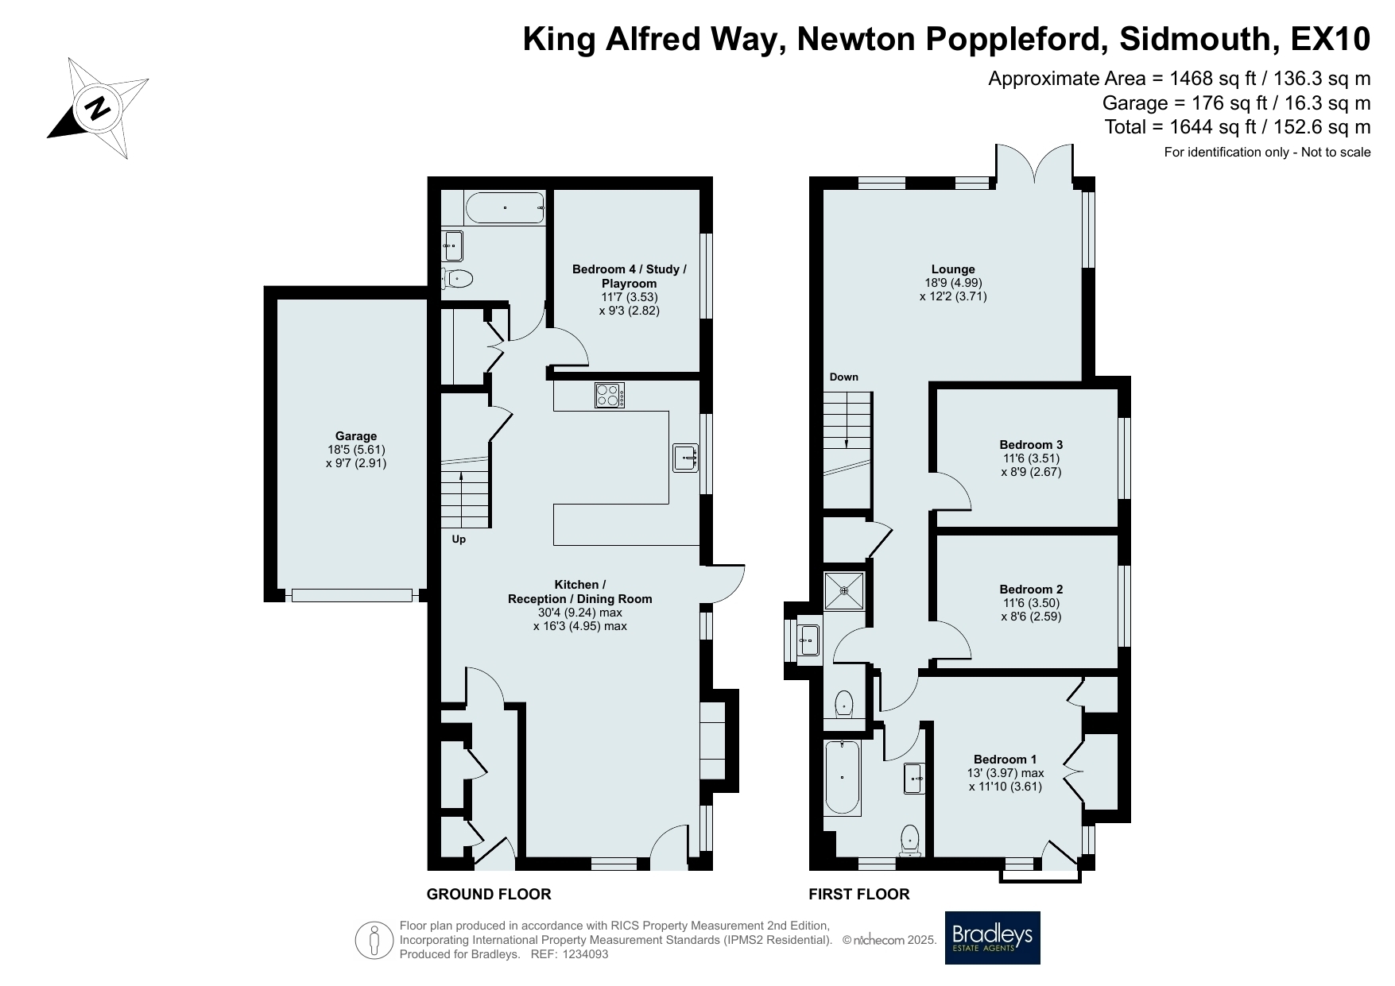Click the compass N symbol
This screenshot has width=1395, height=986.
click(x=98, y=107)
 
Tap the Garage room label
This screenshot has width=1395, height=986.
click(x=356, y=436)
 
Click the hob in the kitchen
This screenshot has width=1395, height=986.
click(x=610, y=396)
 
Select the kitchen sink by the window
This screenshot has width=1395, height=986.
click(x=685, y=458)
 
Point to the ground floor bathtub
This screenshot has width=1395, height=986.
click(x=505, y=208)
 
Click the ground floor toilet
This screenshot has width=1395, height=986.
click(x=456, y=278)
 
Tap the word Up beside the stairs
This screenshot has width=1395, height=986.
click(x=459, y=539)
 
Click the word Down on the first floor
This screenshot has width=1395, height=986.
click(x=844, y=377)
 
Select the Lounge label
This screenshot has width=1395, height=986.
click(x=953, y=269)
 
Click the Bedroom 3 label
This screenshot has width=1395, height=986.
click(x=1031, y=445)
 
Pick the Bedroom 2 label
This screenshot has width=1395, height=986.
click(x=1031, y=590)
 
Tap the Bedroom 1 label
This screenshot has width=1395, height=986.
click(x=1006, y=760)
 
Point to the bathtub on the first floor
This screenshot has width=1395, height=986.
click(x=843, y=777)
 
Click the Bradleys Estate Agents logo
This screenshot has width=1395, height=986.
click(x=992, y=938)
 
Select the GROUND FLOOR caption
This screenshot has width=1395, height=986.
click(x=489, y=894)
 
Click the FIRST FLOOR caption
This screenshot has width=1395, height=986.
click(x=859, y=894)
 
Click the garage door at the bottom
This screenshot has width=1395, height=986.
click(x=352, y=595)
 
